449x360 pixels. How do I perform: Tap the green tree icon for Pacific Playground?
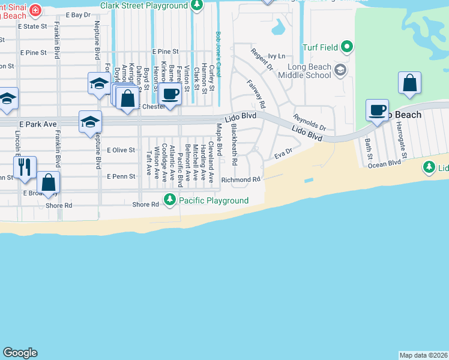click(x=170, y=200)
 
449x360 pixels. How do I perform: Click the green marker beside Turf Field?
click(x=346, y=46)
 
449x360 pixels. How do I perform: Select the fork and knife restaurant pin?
click(x=25, y=167)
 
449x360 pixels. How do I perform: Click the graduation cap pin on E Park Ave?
click(x=90, y=122)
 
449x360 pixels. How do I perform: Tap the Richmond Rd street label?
click(x=241, y=179)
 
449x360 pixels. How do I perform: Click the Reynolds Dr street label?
click(x=310, y=122)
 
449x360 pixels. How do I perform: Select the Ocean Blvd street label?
click(x=384, y=163)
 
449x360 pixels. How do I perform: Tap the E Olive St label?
click(x=120, y=150)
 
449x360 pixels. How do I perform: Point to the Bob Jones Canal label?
click(x=218, y=45)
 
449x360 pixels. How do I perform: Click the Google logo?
click(x=20, y=353)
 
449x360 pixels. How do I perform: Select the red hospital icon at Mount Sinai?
click(x=36, y=10)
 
